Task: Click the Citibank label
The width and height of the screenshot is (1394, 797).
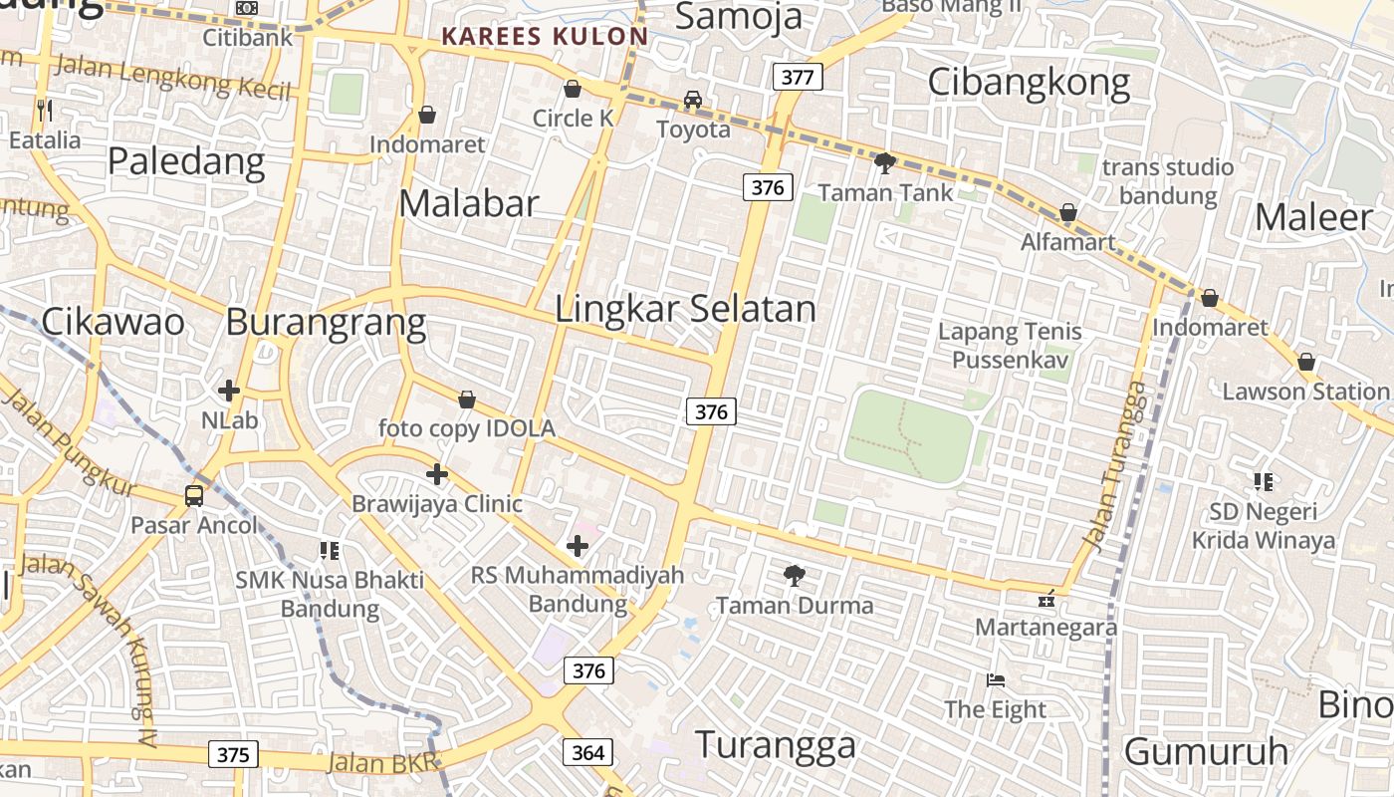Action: pos(248,37)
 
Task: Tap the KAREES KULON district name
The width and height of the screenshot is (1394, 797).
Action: pos(545,37)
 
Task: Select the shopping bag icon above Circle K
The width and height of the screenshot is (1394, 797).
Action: pos(573,90)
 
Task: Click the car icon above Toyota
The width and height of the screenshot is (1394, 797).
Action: pos(693,100)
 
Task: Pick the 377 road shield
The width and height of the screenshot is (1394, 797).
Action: pos(798,77)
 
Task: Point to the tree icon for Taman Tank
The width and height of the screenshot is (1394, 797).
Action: pos(884,162)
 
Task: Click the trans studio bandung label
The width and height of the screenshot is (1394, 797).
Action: pos(1167,180)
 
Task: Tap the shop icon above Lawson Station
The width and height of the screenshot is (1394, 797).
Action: pos(1306,362)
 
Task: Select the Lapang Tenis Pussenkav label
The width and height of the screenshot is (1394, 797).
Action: pos(1010,345)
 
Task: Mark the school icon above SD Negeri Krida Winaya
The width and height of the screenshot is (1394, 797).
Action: pos(1264,482)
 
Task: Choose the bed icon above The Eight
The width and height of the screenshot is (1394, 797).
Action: pos(996,680)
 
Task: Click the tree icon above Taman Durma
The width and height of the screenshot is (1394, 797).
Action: pos(794,575)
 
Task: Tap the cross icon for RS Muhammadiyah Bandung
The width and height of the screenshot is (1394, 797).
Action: pos(578,546)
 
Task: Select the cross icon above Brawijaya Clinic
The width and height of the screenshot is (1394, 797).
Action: pos(436,474)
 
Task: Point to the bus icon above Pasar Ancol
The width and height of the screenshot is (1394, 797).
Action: pos(194,495)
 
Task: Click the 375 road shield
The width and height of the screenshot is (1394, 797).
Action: pos(233,754)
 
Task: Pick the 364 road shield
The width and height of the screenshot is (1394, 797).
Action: pos(588,752)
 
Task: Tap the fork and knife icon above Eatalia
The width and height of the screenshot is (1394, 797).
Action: pos(44,110)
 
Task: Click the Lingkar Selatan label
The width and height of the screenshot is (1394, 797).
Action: pos(685,309)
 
